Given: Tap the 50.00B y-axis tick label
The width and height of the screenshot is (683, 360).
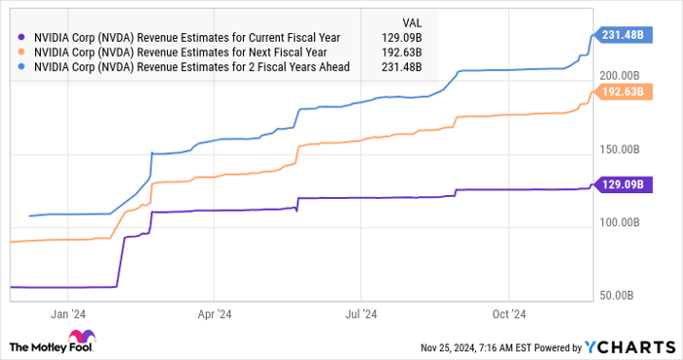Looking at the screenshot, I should [625, 295].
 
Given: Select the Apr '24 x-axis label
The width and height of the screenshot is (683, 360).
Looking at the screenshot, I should [214, 314].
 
